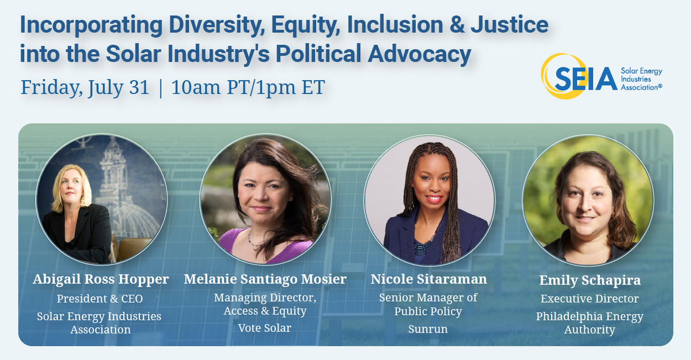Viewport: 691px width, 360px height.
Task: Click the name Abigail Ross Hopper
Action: click(x=101, y=279)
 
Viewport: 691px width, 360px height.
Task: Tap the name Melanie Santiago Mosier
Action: click(x=265, y=279)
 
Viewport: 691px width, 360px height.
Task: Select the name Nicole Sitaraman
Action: click(x=428, y=279)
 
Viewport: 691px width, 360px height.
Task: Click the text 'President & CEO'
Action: click(x=100, y=299)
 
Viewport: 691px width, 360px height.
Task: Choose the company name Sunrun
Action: click(x=428, y=329)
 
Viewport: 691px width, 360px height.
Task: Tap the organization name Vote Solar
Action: click(x=265, y=328)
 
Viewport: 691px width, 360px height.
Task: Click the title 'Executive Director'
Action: click(x=590, y=298)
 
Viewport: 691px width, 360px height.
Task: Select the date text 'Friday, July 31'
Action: click(x=85, y=88)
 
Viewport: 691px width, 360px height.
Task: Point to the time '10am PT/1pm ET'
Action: click(x=248, y=88)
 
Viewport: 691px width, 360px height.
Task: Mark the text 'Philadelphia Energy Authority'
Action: click(x=590, y=323)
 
